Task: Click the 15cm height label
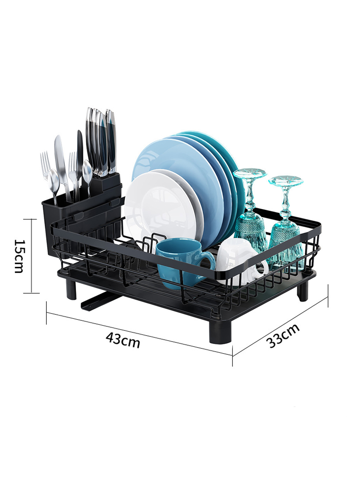click(x=19, y=256)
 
